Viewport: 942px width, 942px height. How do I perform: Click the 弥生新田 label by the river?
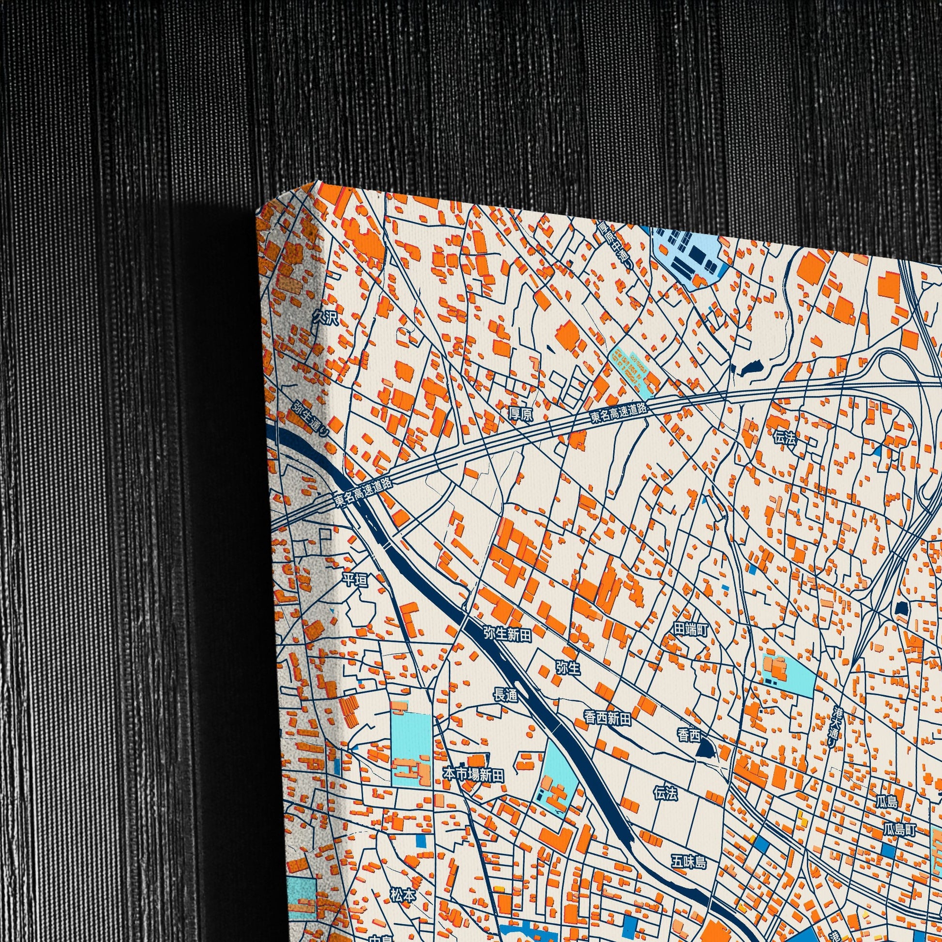507,634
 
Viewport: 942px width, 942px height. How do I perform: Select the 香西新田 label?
607,718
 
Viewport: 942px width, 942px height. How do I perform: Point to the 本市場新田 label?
472,775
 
